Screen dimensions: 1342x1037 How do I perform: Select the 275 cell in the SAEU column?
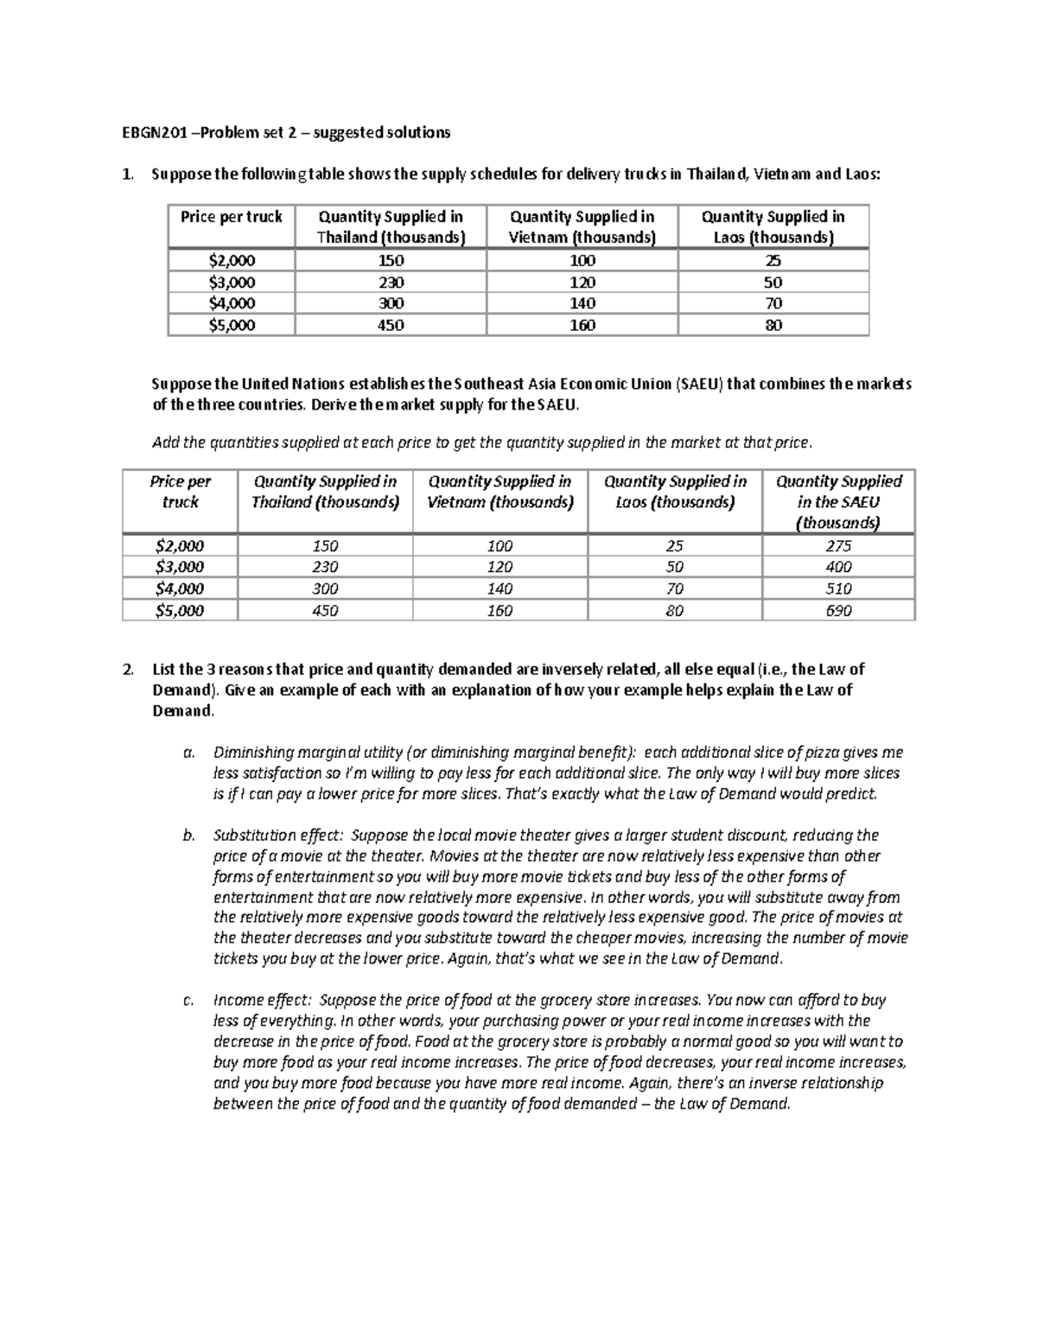point(837,546)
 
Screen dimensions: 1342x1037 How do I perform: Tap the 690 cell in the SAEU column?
point(837,611)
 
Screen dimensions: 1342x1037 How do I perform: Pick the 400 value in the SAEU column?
point(837,567)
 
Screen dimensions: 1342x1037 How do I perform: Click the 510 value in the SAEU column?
point(837,589)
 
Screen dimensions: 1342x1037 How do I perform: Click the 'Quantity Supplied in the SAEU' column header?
point(837,502)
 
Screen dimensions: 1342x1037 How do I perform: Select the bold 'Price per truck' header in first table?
point(231,217)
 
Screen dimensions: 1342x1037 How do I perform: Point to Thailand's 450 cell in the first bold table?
point(390,326)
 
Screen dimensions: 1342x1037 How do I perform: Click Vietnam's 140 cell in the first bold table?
point(582,303)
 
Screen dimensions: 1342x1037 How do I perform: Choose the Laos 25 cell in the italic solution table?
point(674,546)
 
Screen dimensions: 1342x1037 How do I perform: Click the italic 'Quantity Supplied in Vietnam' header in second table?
point(499,492)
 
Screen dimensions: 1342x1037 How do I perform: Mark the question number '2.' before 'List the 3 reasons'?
point(128,670)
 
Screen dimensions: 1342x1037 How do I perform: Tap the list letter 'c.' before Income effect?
point(188,1001)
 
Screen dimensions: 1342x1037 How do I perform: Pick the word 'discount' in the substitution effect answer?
point(757,836)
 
